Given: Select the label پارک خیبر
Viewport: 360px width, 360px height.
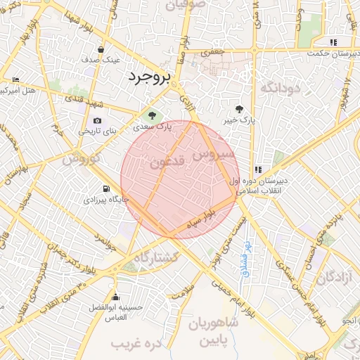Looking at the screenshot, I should [x=238, y=121].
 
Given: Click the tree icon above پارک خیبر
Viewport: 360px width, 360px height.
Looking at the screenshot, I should [x=239, y=109].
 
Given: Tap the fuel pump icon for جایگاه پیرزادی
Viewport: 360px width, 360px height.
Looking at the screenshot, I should [x=106, y=188].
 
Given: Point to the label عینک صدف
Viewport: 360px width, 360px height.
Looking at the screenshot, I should [x=103, y=60].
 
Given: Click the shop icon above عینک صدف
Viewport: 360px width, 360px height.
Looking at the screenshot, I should [x=103, y=49].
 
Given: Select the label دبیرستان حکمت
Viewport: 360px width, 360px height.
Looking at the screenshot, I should [x=333, y=53].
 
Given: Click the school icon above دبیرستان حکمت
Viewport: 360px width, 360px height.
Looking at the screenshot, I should [x=333, y=41].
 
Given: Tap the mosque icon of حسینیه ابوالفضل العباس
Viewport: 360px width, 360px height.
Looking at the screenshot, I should [x=115, y=297].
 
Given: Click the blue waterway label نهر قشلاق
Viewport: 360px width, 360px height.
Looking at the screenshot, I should [x=247, y=257].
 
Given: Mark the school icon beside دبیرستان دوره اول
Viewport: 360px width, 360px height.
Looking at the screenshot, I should [x=259, y=169].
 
